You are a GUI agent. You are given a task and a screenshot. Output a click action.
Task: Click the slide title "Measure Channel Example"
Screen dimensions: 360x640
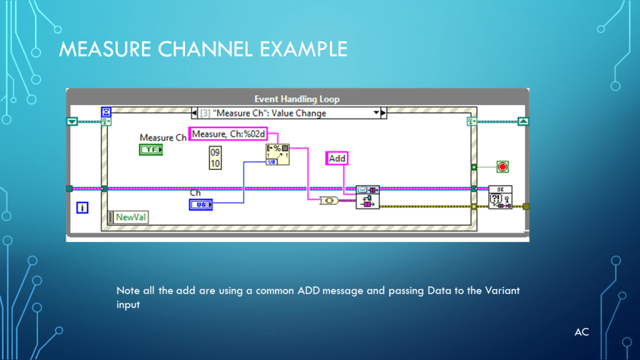pyautogui.click(x=203, y=48)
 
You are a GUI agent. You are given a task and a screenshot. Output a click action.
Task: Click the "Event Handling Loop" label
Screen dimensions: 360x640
pyautogui.click(x=297, y=99)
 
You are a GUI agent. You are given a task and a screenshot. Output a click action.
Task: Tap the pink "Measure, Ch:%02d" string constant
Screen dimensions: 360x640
pyautogui.click(x=229, y=134)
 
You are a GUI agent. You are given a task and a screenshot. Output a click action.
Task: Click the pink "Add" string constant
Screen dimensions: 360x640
pyautogui.click(x=337, y=158)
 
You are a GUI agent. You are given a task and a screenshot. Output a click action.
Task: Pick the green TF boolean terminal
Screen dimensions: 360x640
pyautogui.click(x=151, y=149)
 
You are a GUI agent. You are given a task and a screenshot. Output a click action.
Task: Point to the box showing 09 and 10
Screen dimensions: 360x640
pyautogui.click(x=215, y=158)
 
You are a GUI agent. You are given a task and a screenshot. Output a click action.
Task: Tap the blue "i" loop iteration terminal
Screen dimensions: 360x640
pyautogui.click(x=82, y=207)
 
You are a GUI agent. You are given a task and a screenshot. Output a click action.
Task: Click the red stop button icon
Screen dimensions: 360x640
pyautogui.click(x=502, y=166)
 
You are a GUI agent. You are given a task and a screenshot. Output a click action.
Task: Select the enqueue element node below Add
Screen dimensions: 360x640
pyautogui.click(x=367, y=197)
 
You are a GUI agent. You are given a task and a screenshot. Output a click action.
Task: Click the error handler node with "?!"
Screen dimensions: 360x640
pyautogui.click(x=500, y=197)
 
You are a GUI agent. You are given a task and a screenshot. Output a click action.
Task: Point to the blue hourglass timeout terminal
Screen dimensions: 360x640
pyautogui.click(x=106, y=112)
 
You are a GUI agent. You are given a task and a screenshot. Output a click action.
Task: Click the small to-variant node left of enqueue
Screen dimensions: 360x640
pyautogui.click(x=328, y=201)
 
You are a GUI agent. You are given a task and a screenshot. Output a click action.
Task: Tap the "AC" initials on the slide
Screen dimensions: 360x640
pyautogui.click(x=581, y=332)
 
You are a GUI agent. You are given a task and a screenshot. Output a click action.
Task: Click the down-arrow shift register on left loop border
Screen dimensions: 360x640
pyautogui.click(x=72, y=121)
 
